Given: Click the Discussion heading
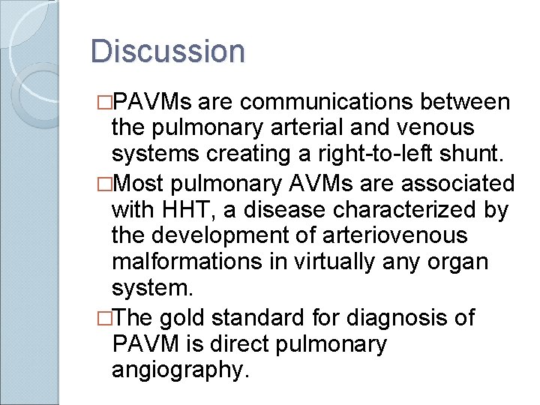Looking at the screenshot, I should pos(167,52).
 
